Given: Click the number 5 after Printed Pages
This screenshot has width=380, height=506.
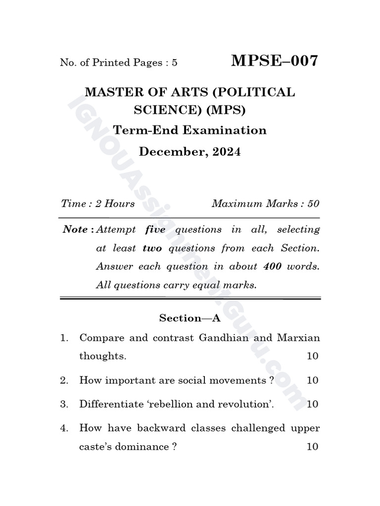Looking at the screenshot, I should tap(175, 63).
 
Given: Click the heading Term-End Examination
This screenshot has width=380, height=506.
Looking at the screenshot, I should tap(190, 130).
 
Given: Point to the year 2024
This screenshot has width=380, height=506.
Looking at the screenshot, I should tap(227, 152).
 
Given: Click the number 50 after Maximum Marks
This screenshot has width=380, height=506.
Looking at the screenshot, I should tap(313, 204).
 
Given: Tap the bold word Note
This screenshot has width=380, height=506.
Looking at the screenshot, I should tap(75, 230).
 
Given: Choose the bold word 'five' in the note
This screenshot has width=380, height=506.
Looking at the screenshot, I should tap(155, 230).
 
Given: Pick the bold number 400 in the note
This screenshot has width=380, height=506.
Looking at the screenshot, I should tap(272, 267).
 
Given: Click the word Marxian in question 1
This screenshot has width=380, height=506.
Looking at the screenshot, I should tap(298, 338).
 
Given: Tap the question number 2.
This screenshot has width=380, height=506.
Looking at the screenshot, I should tap(64, 380).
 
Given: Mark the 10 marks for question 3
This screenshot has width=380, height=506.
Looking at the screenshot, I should tap(312, 404).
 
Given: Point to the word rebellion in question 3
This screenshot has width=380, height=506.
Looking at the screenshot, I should tap(182, 404).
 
